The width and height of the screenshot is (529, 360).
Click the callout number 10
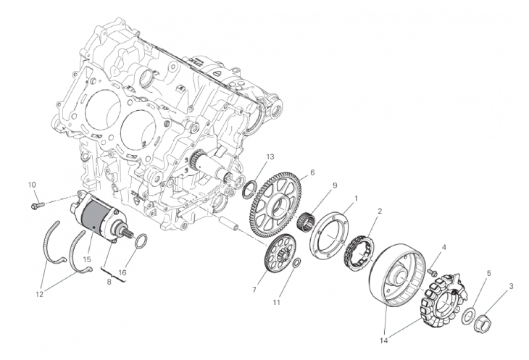tap(31, 185)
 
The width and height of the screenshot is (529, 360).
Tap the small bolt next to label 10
tap(37, 204)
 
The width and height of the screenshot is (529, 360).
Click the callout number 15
tap(87, 259)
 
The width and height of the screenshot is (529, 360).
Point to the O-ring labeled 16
tap(141, 240)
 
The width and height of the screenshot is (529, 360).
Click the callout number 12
tap(39, 294)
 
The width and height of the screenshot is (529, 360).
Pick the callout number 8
tap(109, 282)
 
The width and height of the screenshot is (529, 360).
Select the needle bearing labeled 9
tap(306, 221)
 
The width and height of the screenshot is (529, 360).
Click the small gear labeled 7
tap(280, 252)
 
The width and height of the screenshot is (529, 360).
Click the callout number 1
tap(356, 198)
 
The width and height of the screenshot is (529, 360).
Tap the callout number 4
tap(444, 248)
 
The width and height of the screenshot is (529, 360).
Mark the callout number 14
tap(383, 340)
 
